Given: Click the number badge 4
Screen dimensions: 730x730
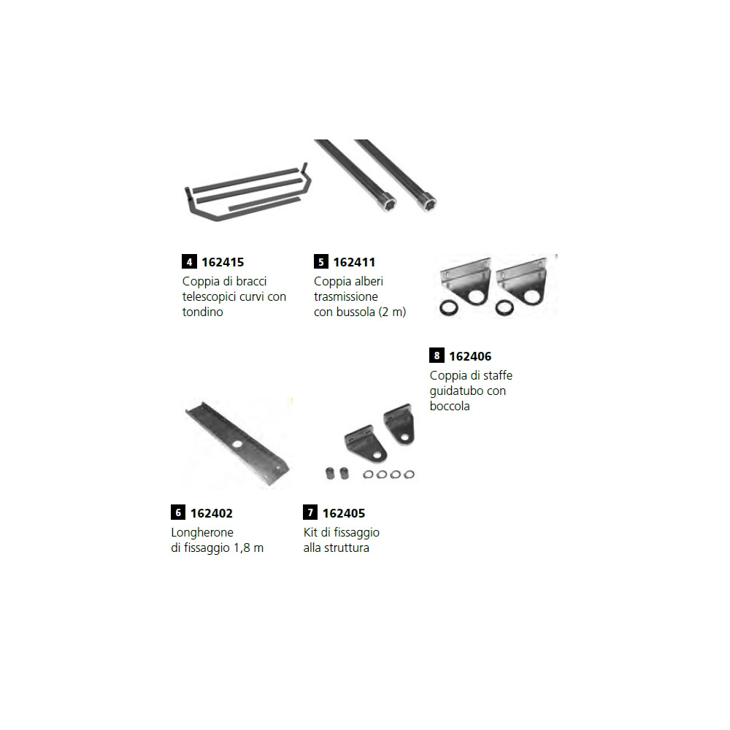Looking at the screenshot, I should coord(189,261).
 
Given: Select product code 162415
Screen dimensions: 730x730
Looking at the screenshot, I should coord(223,261).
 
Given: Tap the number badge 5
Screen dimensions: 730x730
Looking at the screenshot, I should coord(321,261).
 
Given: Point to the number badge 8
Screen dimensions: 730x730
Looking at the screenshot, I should coord(437,356).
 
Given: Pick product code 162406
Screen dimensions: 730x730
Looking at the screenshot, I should coord(470,356).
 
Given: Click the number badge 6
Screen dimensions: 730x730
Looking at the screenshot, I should coord(178,513).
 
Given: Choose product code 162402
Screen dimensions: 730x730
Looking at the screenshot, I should coord(212,513).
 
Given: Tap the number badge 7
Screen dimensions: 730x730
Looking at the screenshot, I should coord(310,513).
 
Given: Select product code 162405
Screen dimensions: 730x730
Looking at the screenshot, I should coord(344,513).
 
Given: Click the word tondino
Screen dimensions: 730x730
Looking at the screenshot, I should coord(202,312).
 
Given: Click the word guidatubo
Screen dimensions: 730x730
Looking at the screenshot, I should coord(458,391).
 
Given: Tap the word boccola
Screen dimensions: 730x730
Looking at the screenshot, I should coord(450,406).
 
